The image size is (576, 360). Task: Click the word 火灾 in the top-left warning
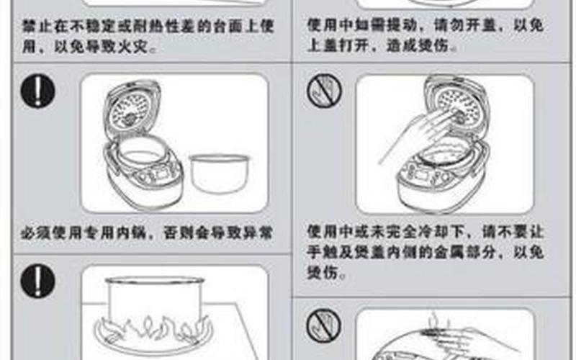pos(141,49)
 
